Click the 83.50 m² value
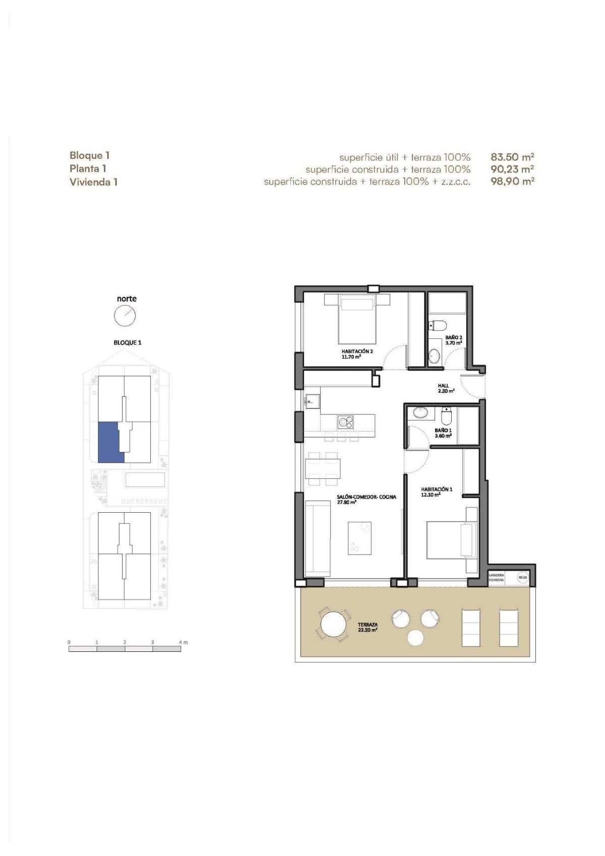pos(512,157)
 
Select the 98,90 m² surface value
pos(512,181)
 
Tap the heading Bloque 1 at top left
pos(89,155)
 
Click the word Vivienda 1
pos(93,182)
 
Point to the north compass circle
pos(125,316)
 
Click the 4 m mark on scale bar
pos(183,642)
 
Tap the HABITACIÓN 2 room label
pos(356,353)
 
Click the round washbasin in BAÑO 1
pos(419,413)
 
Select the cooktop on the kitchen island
pos(345,421)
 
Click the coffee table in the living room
pos(359,538)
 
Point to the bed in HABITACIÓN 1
pos(451,540)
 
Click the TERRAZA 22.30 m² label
pos(368,627)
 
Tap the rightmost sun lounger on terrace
pos(509,628)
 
